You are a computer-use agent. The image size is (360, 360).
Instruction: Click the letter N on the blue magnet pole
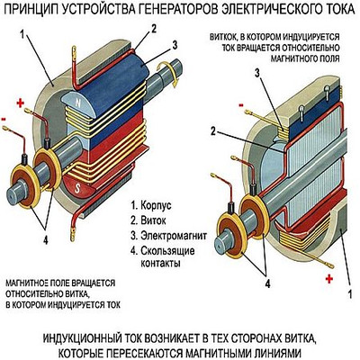click(78, 103)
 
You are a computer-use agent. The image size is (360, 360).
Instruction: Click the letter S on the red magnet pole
click(77, 188)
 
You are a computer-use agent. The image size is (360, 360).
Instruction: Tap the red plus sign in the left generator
click(20, 103)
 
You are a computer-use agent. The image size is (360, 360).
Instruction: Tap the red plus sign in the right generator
click(329, 279)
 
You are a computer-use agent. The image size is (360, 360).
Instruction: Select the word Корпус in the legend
click(156, 206)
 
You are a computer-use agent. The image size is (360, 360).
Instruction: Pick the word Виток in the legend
click(153, 220)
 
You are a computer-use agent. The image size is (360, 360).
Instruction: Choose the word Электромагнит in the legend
click(174, 236)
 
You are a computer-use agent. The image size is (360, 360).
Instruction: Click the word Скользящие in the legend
click(167, 251)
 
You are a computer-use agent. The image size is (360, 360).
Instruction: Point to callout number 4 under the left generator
click(46, 239)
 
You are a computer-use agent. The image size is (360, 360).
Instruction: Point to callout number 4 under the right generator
click(267, 283)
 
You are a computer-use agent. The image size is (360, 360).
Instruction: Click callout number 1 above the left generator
click(22, 34)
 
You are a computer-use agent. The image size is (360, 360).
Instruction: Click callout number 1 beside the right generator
click(349, 294)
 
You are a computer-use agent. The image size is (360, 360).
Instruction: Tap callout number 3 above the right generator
click(257, 74)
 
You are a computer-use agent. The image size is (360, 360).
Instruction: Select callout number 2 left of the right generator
click(213, 131)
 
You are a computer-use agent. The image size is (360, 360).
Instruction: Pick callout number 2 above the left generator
click(153, 29)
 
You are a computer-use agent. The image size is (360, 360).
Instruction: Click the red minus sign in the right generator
click(240, 105)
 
